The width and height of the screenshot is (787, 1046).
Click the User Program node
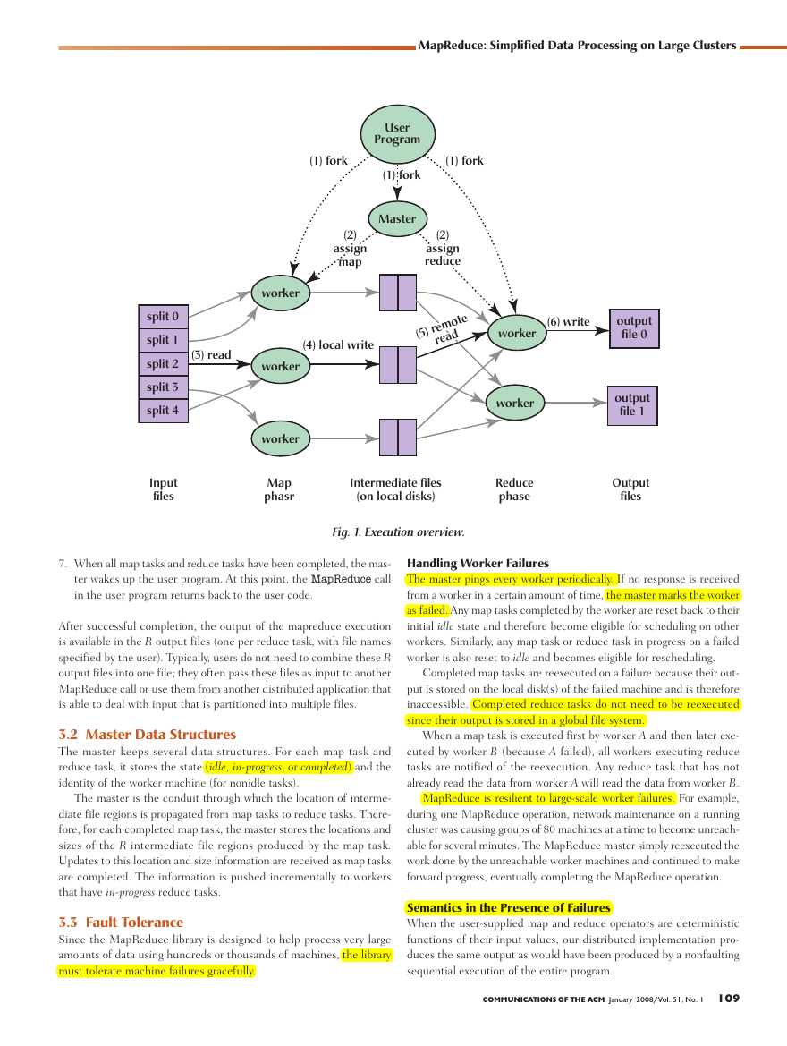point(397,134)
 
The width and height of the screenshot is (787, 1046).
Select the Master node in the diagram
point(397,219)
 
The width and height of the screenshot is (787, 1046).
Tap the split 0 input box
point(163,316)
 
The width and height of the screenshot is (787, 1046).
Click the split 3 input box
point(163,387)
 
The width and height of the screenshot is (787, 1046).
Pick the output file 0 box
point(634,328)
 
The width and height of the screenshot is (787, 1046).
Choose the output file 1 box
point(632,405)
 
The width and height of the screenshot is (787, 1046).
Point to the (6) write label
point(568,321)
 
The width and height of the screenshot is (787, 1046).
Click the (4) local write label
point(338,344)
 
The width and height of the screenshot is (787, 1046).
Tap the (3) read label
point(211,355)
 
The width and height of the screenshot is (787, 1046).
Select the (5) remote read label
point(443,328)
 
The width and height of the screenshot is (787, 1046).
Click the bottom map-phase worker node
point(281,439)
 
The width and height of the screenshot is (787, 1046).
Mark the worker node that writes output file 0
point(517,333)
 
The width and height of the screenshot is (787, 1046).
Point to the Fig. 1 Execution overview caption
point(398,532)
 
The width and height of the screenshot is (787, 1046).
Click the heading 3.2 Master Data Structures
point(148,735)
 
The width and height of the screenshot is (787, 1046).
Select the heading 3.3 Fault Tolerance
point(121,923)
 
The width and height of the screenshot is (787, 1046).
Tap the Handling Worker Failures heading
point(478,563)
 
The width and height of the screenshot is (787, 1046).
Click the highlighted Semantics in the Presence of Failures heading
point(509,908)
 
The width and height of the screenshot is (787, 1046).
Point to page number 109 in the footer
point(729,999)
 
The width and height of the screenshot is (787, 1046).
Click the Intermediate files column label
point(395,489)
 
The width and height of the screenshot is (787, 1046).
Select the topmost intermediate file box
point(397,293)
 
